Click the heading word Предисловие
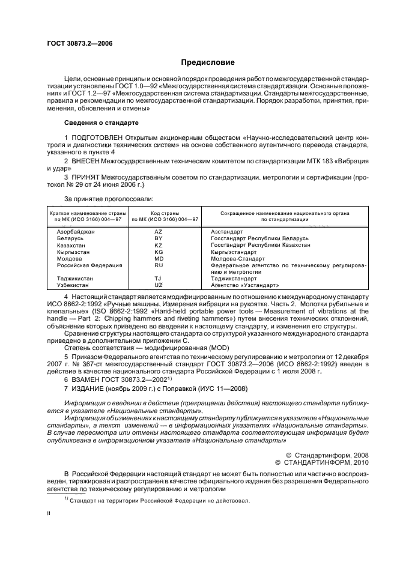(x=208, y=62)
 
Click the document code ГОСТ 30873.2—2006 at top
(x=79, y=44)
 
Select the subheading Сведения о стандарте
(x=101, y=122)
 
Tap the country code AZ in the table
(x=159, y=231)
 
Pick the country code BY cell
(x=159, y=238)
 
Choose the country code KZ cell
(x=159, y=245)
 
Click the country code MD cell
(x=159, y=258)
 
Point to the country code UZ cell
(x=159, y=285)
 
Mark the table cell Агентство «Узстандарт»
(x=241, y=285)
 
